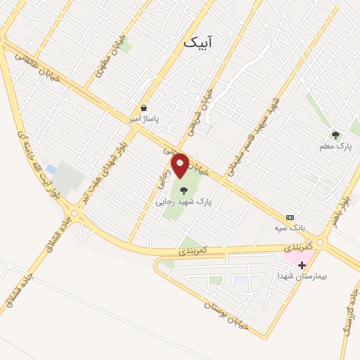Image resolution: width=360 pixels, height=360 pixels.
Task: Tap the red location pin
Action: tap(181, 165)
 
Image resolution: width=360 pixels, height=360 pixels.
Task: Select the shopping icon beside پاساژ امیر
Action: tap(144, 108)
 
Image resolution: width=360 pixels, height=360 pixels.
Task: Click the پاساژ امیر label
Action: tap(143, 120)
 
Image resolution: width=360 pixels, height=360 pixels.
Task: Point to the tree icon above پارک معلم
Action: tap(335, 135)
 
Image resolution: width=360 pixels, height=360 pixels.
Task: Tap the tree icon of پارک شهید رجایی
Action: tap(184, 190)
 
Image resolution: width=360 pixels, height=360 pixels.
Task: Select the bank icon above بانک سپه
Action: tap(290, 217)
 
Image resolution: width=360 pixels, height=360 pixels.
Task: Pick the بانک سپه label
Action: tap(290, 229)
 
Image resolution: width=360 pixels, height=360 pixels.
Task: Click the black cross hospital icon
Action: tap(302, 265)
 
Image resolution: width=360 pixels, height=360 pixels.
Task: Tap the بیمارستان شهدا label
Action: tap(302, 276)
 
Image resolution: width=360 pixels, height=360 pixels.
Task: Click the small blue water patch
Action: tap(50, 170)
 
